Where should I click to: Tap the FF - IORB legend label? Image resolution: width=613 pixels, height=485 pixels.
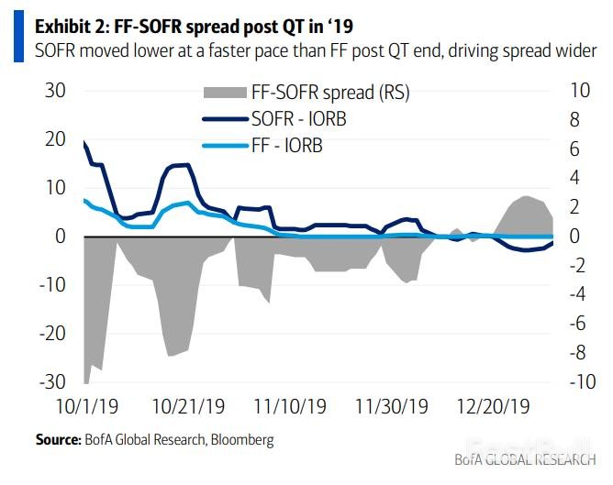tap(286, 145)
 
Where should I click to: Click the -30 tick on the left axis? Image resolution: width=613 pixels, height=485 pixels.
tap(50, 381)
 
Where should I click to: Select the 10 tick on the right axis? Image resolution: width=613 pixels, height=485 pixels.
tap(580, 91)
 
